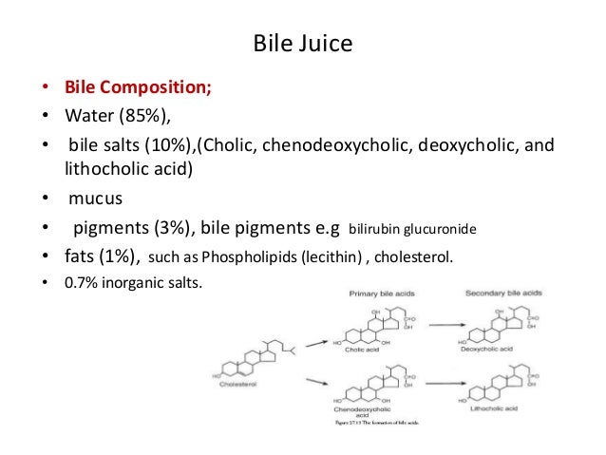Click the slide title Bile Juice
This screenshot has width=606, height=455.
click(x=303, y=45)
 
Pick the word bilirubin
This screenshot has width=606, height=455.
click(x=378, y=229)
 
